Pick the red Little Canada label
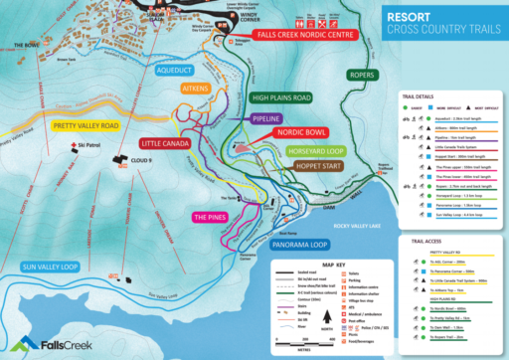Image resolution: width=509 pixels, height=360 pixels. click(167, 143)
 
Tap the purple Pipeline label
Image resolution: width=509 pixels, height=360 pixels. click(260, 117)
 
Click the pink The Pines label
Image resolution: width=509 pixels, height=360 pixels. click(212, 216)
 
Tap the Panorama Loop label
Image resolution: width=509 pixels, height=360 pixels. click(298, 244)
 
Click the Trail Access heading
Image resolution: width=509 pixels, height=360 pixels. click(424, 240)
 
